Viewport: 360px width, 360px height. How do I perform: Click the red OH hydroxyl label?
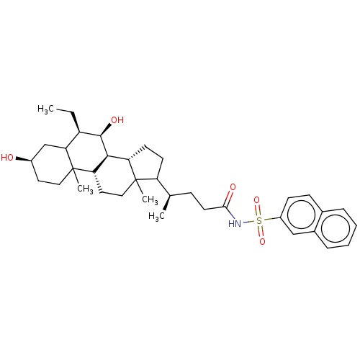pos(117,120)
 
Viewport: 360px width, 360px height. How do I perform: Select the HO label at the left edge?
pos(7,158)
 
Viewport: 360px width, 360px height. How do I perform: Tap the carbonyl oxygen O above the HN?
pos(233,187)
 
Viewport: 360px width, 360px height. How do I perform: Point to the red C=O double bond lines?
pos(230,195)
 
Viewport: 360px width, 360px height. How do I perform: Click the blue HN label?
pos(235,224)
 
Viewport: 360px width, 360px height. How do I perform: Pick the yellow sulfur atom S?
pos(259,221)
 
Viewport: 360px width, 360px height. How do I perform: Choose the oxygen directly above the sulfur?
pos(256,200)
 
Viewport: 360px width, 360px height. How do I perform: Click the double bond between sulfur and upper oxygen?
pos(258,210)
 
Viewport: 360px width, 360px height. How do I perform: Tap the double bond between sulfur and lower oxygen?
pos(261,232)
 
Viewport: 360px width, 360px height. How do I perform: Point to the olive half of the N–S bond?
pos(252,222)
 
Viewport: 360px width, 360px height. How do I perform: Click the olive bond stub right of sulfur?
pos(268,219)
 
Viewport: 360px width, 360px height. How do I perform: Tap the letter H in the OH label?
pos(121,120)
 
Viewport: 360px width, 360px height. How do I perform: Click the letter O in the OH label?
pos(114,120)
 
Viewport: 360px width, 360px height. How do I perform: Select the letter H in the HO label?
pos(4,158)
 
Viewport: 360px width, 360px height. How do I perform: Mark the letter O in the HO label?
pos(10,158)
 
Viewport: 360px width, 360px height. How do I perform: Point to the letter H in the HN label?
pos(232,224)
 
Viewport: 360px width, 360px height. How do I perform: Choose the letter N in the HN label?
pos(238,224)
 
